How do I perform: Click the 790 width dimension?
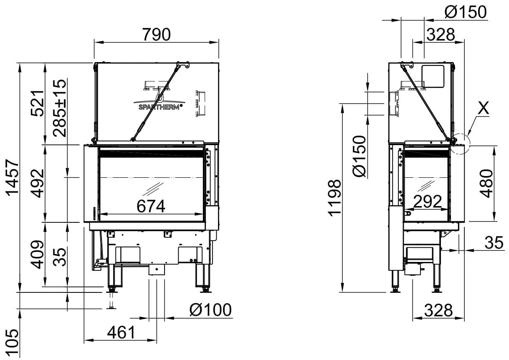point(156,35)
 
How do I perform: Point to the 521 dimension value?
point(38,103)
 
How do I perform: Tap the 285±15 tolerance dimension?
point(60,108)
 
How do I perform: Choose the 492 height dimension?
point(38,184)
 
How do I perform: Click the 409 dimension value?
point(38,254)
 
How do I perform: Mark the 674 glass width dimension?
point(151,206)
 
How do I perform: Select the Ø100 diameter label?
point(210,310)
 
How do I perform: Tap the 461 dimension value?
point(121,333)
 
